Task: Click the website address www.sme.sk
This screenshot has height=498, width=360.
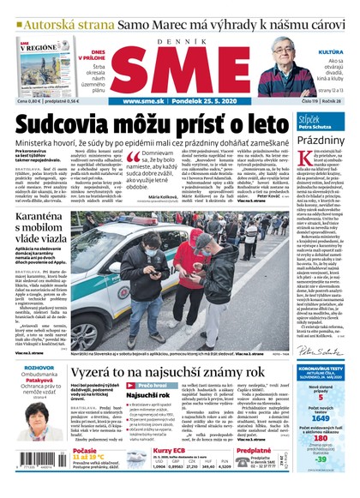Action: point(142,101)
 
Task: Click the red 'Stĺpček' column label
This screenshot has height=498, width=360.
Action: point(310,117)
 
